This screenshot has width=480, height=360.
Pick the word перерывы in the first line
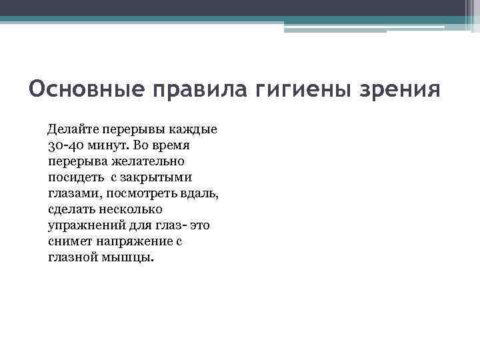click(x=135, y=129)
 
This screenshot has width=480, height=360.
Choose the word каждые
click(x=193, y=129)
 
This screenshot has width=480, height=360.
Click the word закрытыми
click(x=159, y=177)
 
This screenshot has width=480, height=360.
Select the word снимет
click(x=70, y=241)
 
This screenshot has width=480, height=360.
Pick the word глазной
click(x=73, y=257)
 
